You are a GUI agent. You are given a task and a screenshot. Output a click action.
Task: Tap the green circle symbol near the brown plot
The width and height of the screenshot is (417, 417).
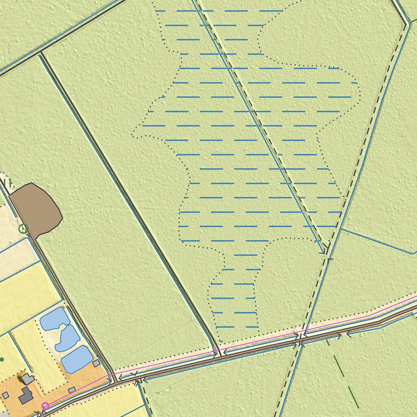pyautogui.click(x=23, y=228)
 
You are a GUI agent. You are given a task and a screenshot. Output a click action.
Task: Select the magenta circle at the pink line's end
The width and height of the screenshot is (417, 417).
pyautogui.click(x=46, y=406)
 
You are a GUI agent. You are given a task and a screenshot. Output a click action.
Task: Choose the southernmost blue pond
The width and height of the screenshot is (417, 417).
pyautogui.click(x=77, y=359)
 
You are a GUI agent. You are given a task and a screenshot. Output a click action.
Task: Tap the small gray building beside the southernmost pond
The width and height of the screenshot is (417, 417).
pyautogui.click(x=96, y=363)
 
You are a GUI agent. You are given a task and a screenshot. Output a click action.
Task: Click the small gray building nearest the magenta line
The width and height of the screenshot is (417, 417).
pyautogui.click(x=72, y=390)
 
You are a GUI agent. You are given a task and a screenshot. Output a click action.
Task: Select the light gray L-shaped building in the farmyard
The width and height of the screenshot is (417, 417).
pyautogui.click(x=28, y=379)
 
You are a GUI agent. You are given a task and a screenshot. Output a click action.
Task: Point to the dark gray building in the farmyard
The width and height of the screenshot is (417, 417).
pyautogui.click(x=26, y=395)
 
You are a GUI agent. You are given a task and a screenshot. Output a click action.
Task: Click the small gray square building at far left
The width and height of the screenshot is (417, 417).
pyautogui.click(x=6, y=395)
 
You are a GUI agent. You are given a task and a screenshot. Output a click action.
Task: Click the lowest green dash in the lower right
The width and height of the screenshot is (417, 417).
pyautogui.click(x=353, y=397)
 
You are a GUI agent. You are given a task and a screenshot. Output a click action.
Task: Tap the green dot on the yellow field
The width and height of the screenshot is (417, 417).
pyautogui.click(x=2, y=359)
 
